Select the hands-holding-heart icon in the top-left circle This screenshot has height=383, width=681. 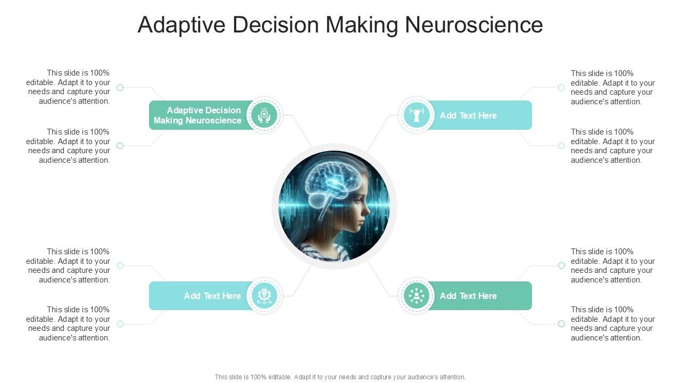[264, 115]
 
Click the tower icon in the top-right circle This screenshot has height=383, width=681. [417, 115]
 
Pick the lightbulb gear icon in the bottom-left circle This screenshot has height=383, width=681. [264, 296]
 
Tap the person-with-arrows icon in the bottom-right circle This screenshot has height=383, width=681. [417, 296]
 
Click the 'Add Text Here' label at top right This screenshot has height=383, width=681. [468, 115]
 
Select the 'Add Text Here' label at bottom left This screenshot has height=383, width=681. [212, 296]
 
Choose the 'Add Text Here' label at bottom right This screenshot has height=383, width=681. [468, 296]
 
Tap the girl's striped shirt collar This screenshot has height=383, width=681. [325, 250]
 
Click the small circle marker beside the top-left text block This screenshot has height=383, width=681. [120, 87]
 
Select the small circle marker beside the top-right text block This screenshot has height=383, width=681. [561, 87]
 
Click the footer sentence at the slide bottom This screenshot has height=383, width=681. [340, 377]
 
